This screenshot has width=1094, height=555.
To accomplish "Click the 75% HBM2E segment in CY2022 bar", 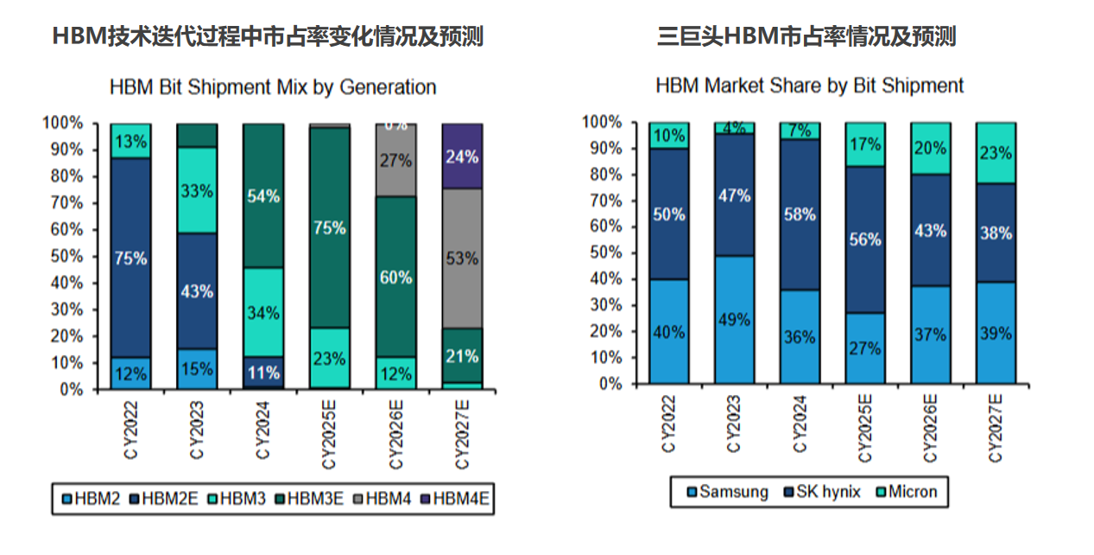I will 130,258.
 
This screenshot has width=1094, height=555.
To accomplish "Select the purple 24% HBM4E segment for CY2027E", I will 462,156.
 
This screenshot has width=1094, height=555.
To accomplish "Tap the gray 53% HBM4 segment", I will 462,258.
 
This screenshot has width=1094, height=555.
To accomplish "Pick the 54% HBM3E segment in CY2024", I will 263,195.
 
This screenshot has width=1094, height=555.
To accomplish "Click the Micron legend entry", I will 906,492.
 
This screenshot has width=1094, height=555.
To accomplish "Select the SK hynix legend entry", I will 821,492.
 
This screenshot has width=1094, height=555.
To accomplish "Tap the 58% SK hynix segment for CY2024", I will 800,214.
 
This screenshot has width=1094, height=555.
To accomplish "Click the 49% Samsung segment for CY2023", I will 734,319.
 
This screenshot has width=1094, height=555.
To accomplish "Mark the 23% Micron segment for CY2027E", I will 996,152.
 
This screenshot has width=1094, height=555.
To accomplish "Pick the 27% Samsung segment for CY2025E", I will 865,348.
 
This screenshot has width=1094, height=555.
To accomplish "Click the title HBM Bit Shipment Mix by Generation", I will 273,87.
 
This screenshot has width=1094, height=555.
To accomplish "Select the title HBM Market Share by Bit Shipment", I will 809,86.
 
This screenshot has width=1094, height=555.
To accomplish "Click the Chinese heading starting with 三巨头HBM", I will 806,36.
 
